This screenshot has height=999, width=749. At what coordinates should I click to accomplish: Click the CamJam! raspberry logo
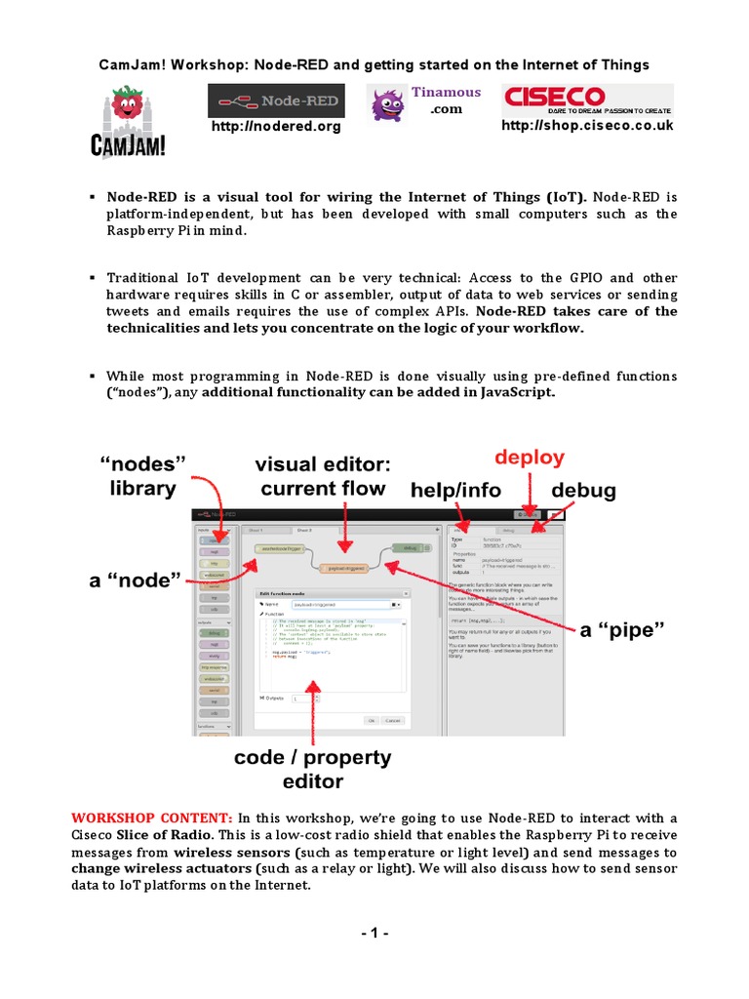point(128,121)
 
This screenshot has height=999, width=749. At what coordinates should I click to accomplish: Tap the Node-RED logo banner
point(275,100)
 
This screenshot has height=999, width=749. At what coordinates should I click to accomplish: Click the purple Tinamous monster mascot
point(386,100)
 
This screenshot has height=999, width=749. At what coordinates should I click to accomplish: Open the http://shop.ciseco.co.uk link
point(587,126)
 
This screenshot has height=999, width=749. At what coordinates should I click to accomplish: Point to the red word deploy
point(529,459)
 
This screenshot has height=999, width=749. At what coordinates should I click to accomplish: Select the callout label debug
point(584,490)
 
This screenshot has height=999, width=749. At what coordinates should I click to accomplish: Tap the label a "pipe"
point(622,630)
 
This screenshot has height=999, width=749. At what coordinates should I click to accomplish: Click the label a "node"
point(136,581)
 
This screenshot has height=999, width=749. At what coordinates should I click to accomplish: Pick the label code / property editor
point(313,769)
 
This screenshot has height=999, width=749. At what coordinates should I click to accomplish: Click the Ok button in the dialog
point(372,720)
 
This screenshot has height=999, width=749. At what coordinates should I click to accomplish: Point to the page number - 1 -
point(374,934)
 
